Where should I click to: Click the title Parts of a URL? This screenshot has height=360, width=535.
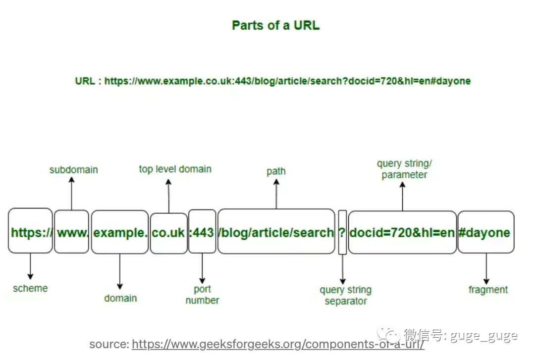[275, 25]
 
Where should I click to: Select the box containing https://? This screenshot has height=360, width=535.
[30, 232]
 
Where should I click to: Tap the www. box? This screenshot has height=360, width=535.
[72, 232]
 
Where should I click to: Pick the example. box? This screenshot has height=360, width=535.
[120, 232]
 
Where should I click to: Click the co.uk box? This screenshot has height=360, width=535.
[168, 233]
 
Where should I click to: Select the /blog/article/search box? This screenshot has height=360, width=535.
[276, 232]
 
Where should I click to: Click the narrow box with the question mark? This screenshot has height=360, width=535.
[342, 232]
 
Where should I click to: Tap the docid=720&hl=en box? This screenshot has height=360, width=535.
[402, 232]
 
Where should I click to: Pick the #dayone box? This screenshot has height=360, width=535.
[485, 232]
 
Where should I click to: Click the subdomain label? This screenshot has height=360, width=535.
[74, 170]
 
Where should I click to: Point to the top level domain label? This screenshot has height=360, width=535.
[175, 169]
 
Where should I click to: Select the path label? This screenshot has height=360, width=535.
[276, 171]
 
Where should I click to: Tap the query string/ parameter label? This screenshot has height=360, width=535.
[404, 169]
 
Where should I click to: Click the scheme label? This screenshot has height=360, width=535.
[30, 288]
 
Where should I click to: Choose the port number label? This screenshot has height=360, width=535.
[202, 295]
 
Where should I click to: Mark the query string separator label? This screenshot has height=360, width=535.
[346, 296]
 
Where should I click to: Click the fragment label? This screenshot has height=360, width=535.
[488, 290]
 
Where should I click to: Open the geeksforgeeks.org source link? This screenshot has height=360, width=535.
[278, 345]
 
